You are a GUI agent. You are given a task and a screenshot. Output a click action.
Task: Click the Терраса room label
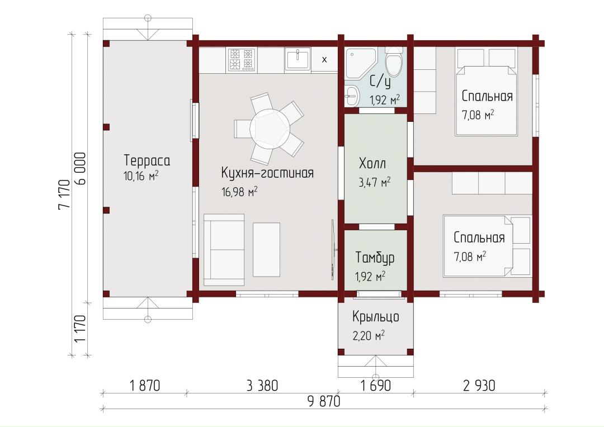[x=147, y=160]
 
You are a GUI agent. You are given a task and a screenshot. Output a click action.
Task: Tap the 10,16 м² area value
[x=141, y=176]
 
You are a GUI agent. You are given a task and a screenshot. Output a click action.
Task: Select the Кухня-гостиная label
[x=267, y=173]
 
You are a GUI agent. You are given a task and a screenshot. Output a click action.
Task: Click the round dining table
[x=269, y=129]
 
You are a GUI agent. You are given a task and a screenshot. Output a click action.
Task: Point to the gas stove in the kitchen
[x=242, y=59]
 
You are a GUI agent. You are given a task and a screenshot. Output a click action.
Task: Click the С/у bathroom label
[x=380, y=82]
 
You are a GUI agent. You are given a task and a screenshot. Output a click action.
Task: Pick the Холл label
[x=372, y=164]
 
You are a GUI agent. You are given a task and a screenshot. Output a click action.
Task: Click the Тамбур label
[x=375, y=257]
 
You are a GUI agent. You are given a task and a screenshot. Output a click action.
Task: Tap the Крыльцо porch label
[x=376, y=317]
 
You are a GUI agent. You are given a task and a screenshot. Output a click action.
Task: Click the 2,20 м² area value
[x=369, y=336]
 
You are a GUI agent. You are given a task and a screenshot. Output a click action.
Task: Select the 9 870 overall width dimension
[x=324, y=401]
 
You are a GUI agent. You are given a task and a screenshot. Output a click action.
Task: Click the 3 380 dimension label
[x=262, y=386]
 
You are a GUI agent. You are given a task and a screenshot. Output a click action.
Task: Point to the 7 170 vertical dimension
[x=64, y=194]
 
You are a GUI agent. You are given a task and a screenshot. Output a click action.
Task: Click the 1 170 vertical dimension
[x=80, y=329]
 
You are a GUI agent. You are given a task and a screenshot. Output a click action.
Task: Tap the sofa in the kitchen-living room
[x=224, y=250]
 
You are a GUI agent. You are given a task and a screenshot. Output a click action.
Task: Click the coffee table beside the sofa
[x=266, y=249]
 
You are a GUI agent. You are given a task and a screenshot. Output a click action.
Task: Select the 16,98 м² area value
[x=239, y=192]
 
